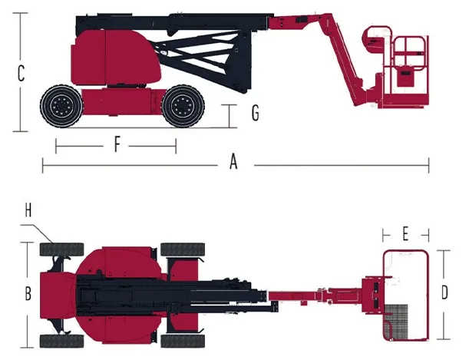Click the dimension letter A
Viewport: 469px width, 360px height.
[x=234, y=162]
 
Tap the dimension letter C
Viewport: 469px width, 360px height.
[x=21, y=74]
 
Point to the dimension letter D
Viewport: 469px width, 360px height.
[x=444, y=292]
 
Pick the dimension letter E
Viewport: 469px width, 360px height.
[x=405, y=232]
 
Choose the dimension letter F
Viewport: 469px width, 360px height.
[x=117, y=144]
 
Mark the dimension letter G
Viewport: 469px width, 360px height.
[x=255, y=114]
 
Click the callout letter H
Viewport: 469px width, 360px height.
[x=27, y=209]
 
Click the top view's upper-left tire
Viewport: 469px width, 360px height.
[x=61, y=249]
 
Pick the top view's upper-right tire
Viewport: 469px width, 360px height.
[x=183, y=249]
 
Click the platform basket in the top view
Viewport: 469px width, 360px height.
[x=405, y=294]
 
